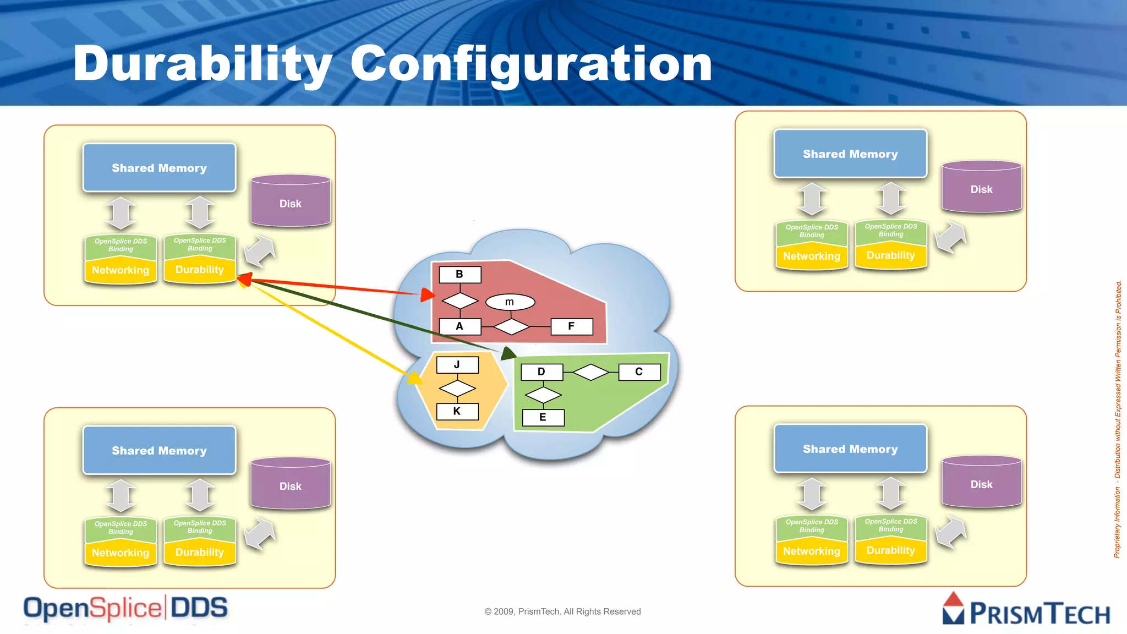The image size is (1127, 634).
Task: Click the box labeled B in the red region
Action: [460, 275]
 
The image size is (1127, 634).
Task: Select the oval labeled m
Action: [510, 302]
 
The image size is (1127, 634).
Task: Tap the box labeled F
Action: [572, 326]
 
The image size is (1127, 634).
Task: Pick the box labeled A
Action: [460, 326]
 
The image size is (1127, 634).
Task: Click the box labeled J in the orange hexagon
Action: [457, 365]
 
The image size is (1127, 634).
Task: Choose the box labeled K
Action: [457, 411]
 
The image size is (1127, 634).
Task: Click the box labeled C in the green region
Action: [639, 372]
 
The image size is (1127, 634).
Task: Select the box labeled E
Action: [543, 417]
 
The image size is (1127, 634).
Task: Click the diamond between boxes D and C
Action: [591, 373]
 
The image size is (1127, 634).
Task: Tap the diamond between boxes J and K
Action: [457, 389]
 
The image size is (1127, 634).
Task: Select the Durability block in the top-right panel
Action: [891, 255]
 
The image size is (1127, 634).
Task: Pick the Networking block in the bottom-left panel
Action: [121, 553]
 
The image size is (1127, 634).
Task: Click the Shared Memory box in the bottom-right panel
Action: [850, 449]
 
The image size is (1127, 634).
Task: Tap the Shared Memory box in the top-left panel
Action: [160, 168]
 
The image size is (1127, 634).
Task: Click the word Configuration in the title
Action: [531, 65]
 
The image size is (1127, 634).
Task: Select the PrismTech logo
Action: [1026, 610]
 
